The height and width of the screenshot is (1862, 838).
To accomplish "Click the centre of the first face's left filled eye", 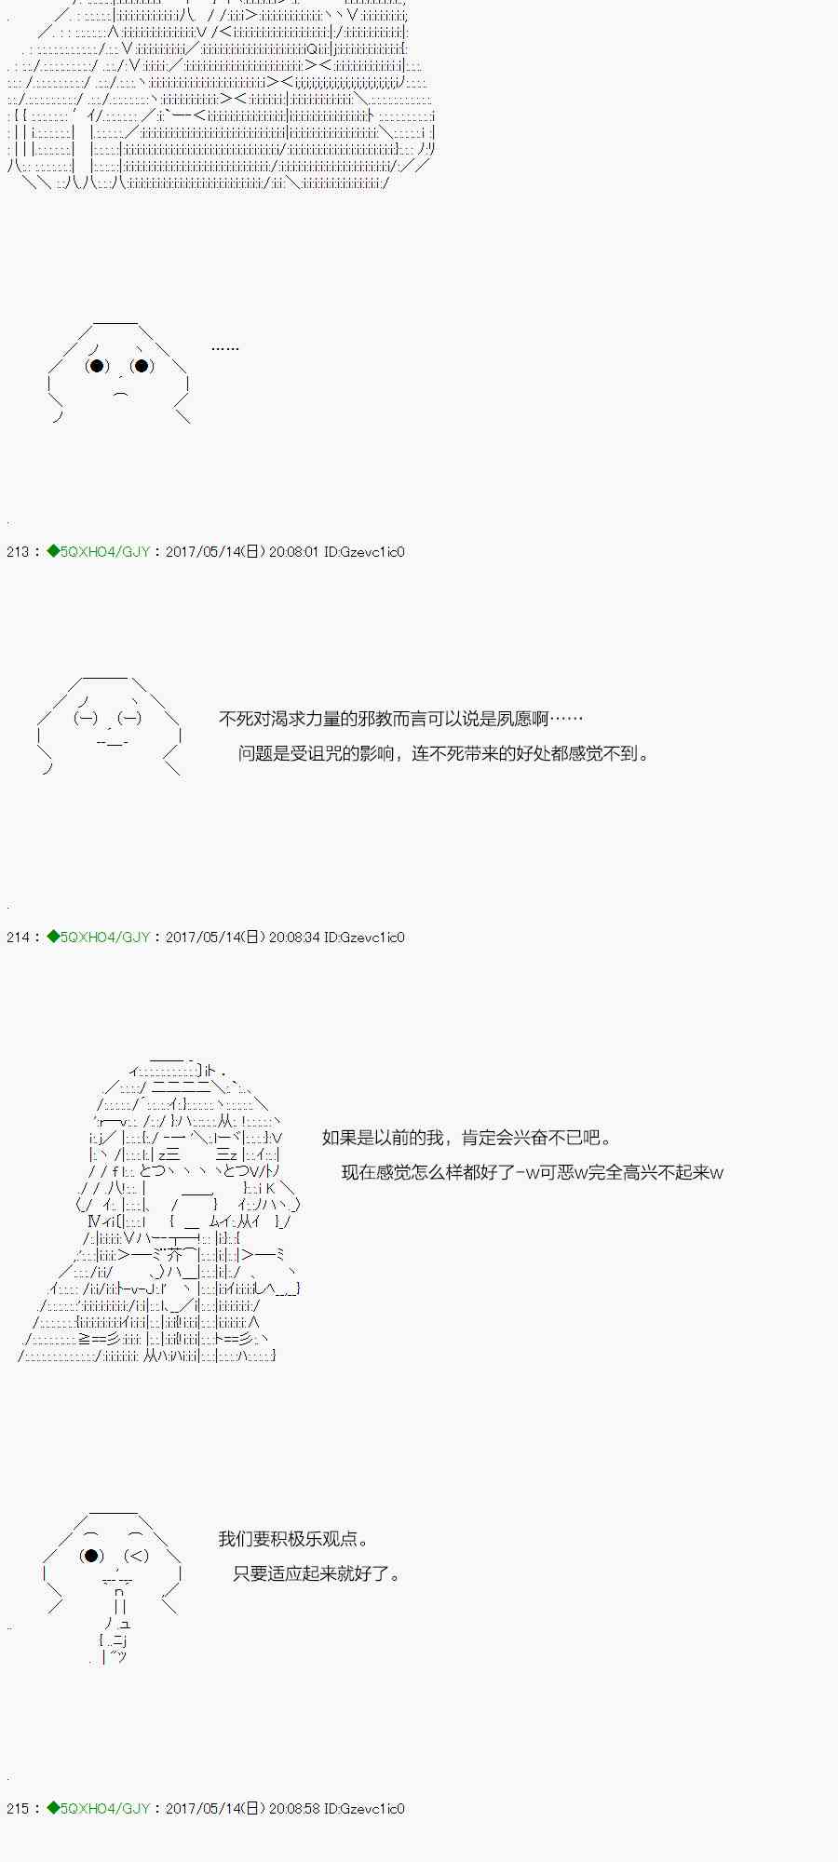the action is (97, 366).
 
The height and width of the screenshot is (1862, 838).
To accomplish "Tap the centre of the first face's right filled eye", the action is (142, 366).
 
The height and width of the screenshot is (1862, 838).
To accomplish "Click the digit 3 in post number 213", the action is (25, 552).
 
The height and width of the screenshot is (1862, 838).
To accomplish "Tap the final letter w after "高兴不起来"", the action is (717, 1173).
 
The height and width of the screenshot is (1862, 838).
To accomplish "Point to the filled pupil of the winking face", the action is (90, 1556).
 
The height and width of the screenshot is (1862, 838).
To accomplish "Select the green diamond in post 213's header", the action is (53, 552).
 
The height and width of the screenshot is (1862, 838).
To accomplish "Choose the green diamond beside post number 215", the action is (53, 1809).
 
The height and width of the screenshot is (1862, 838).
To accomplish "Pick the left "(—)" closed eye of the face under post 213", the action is (85, 719).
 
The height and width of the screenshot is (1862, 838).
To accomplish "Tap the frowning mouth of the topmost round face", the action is (121, 395).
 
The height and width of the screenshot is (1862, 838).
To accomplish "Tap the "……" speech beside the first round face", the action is (225, 349).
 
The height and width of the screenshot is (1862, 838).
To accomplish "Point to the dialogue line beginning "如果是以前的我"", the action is (467, 1138).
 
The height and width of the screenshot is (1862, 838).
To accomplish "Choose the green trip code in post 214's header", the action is (104, 938).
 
